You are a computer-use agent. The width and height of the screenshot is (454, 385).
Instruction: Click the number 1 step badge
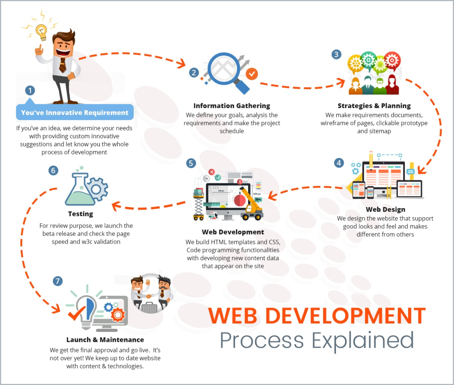[x=30, y=90]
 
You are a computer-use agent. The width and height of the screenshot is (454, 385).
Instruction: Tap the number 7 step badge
[x=58, y=281]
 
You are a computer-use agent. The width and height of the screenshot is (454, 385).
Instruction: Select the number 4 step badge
[x=339, y=163]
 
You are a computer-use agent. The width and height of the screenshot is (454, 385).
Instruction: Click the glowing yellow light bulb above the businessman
[x=42, y=32]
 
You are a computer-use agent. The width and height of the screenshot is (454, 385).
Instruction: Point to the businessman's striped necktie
[x=62, y=65]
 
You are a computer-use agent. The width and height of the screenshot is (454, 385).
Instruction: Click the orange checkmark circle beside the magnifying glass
[x=252, y=74]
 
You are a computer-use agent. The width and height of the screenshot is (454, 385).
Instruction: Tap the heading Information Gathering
[x=232, y=106]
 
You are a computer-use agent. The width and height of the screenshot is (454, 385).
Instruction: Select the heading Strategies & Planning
[x=374, y=106]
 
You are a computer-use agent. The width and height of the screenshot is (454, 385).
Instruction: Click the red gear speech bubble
[x=392, y=61]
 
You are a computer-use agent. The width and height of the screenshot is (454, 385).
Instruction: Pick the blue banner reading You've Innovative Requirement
[x=75, y=112]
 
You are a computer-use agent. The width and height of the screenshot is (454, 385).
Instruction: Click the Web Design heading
[x=386, y=209]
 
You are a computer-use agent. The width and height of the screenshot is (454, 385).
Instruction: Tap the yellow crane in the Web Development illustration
[x=252, y=204]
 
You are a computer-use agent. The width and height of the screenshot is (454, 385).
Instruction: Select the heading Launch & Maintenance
[x=105, y=340]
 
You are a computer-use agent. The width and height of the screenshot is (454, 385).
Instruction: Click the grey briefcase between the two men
[x=149, y=308]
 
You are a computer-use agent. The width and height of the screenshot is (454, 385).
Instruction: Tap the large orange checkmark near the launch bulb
[x=77, y=313]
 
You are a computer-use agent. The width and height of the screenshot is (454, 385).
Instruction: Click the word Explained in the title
[x=363, y=341]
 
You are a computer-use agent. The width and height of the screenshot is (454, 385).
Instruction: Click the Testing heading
[x=81, y=214]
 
